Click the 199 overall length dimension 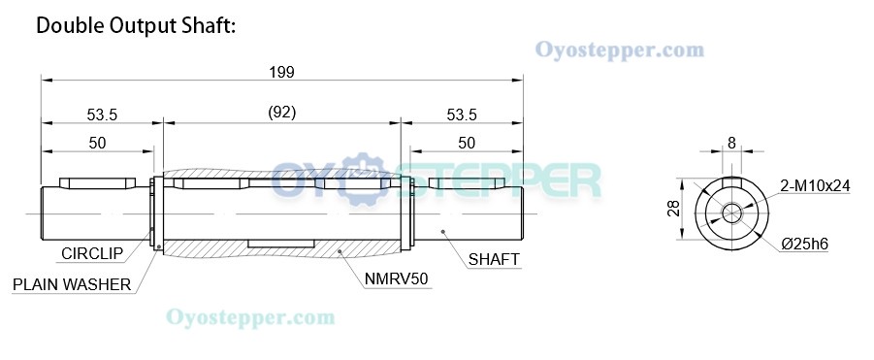(282, 72)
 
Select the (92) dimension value (281, 113)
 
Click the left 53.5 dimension (102, 115)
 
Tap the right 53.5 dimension (462, 115)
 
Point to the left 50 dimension (97, 143)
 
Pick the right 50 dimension (467, 143)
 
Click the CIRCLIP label (92, 254)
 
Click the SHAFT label (494, 259)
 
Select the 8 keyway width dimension (731, 143)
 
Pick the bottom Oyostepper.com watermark (250, 316)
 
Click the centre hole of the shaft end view (731, 211)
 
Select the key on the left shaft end (98, 182)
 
